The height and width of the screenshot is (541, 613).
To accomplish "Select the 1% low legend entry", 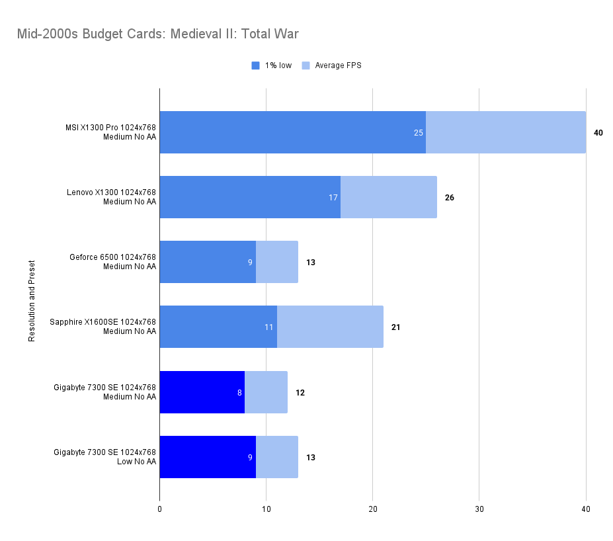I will (x=272, y=65).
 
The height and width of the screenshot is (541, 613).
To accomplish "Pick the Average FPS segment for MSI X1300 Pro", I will (x=505, y=132).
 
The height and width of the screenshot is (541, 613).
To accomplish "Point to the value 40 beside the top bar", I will (x=598, y=133).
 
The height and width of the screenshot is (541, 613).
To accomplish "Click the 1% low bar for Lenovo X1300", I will (x=250, y=197).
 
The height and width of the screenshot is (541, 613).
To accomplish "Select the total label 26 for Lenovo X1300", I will (x=449, y=198).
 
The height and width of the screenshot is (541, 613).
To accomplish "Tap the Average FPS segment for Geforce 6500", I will (x=276, y=262).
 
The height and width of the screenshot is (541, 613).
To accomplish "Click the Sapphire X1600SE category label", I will (x=103, y=327).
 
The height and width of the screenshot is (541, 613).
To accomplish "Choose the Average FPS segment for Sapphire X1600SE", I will (x=330, y=327).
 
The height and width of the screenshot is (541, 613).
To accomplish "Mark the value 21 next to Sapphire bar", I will (x=395, y=327).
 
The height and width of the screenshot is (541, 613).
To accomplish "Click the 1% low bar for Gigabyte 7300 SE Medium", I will (x=202, y=392).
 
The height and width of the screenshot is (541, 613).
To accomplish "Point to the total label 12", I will (x=300, y=392).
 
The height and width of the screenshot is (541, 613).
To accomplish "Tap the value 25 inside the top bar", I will (x=418, y=133).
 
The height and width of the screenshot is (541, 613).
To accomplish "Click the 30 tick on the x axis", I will (x=479, y=509).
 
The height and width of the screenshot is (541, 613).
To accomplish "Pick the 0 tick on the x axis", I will (x=159, y=509).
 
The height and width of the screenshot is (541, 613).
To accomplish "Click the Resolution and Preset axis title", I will (x=31, y=301).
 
